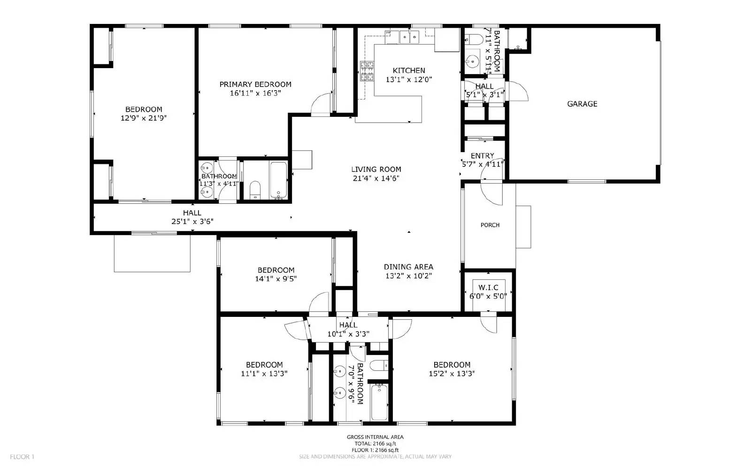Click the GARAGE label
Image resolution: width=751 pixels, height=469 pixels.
582,104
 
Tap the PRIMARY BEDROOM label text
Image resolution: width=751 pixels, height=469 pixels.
255,85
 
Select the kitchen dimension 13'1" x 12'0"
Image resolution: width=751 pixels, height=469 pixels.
408,80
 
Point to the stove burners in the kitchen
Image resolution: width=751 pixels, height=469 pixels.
367,71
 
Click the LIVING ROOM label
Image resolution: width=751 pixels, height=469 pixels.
376,169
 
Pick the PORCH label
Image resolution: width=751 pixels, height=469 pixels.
490,225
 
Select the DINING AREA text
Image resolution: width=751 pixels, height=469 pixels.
408,267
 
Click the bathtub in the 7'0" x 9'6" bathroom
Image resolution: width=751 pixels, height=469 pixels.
379,402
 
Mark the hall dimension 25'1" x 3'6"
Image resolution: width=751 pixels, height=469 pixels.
192,222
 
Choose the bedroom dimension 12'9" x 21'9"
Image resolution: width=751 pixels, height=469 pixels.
144,118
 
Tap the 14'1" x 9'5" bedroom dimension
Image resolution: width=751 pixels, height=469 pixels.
276,279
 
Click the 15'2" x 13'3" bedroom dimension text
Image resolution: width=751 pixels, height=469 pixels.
452,374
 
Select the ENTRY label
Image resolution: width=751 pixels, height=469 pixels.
483,156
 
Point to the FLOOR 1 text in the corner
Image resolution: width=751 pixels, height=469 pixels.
22,457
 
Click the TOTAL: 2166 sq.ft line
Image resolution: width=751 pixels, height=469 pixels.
375,444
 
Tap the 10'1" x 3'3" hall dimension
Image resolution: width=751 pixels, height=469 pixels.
348,334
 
